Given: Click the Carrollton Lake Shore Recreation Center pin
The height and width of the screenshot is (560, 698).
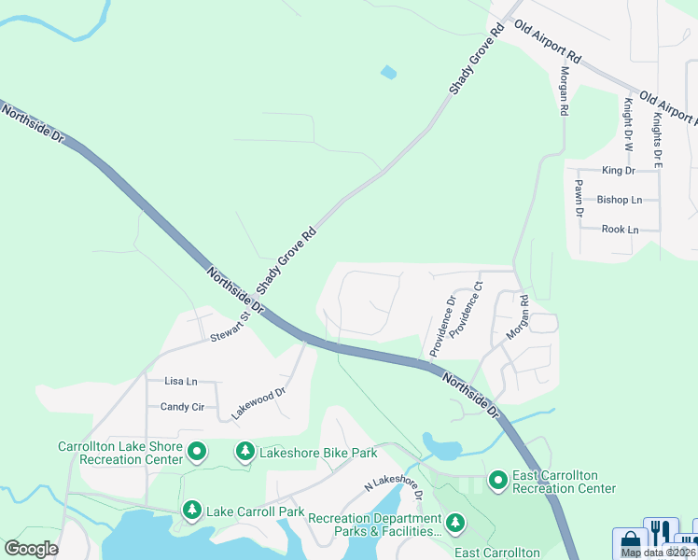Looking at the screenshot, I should (x=197, y=453).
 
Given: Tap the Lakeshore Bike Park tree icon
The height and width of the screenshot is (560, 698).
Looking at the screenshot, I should (x=245, y=453).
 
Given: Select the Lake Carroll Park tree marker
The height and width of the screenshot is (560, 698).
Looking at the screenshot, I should (x=192, y=511).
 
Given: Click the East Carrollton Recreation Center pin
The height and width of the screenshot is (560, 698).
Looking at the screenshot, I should (x=497, y=481).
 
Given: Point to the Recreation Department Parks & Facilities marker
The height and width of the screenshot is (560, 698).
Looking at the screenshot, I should (x=454, y=524).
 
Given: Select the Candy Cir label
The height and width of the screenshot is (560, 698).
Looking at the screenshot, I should (x=182, y=407).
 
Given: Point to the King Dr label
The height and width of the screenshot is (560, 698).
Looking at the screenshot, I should (x=619, y=171).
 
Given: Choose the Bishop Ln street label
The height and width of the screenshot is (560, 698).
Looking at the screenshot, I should (x=620, y=200).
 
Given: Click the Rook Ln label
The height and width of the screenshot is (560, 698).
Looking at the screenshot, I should (x=620, y=229).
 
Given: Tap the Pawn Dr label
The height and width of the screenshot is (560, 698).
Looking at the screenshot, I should (x=579, y=199).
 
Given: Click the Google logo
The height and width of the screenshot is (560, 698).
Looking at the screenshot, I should (x=32, y=549).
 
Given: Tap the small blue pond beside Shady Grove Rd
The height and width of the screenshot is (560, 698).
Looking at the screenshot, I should (x=388, y=72).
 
